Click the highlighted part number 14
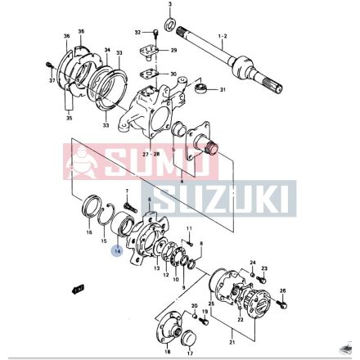click(x=117, y=252)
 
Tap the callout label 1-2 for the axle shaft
click(x=223, y=37)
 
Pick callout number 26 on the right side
click(x=283, y=290)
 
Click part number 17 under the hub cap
click(x=189, y=353)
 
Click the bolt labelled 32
click(x=154, y=33)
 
